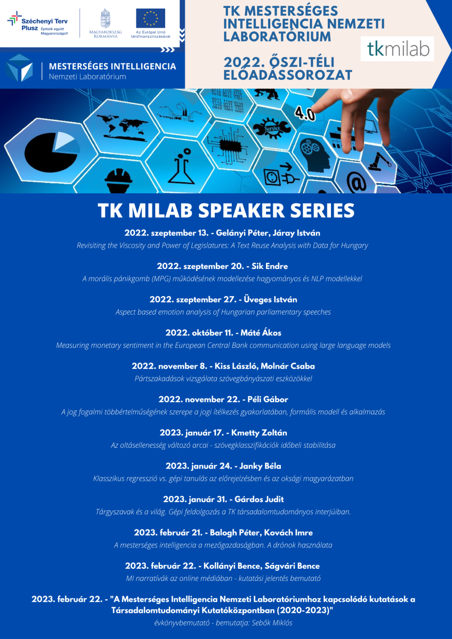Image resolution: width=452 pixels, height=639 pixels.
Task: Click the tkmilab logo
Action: pyautogui.click(x=397, y=49)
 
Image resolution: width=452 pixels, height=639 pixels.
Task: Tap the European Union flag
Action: pyautogui.click(x=150, y=18)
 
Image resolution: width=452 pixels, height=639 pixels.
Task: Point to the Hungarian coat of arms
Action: pyautogui.click(x=106, y=18)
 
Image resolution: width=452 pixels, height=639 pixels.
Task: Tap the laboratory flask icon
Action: pyautogui.click(x=181, y=166)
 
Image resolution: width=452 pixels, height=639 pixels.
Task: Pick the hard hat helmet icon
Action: pyautogui.click(x=118, y=181)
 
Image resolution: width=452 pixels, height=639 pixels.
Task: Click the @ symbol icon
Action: pyautogui.click(x=356, y=182)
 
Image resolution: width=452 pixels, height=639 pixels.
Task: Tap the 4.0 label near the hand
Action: pyautogui.click(x=305, y=113)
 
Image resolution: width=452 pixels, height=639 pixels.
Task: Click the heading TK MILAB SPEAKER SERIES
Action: pyautogui.click(x=226, y=210)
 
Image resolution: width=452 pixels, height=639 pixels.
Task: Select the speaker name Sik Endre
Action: pyautogui.click(x=270, y=266)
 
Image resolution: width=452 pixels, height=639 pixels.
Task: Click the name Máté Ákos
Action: pyautogui.click(x=261, y=333)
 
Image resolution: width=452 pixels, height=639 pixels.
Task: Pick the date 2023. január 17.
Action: pyautogui.click(x=192, y=433)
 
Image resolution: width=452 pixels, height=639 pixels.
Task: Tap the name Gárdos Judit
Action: pyautogui.click(x=259, y=499)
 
